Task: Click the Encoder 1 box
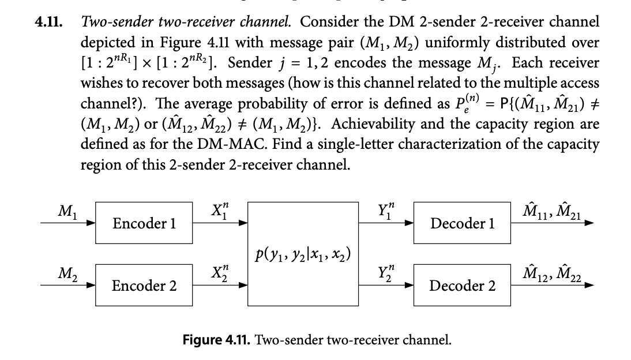pyautogui.click(x=144, y=222)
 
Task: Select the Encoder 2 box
pyautogui.click(x=144, y=285)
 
